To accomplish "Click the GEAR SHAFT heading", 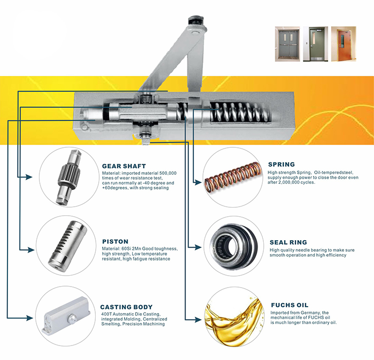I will pyautogui.click(x=123, y=166).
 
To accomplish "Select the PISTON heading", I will pyautogui.click(x=115, y=241).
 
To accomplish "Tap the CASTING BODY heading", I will pyautogui.click(x=126, y=307).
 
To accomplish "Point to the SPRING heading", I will pyautogui.click(x=281, y=164).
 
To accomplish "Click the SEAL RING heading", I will pyautogui.click(x=289, y=242).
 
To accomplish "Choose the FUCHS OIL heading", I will pyautogui.click(x=289, y=305).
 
